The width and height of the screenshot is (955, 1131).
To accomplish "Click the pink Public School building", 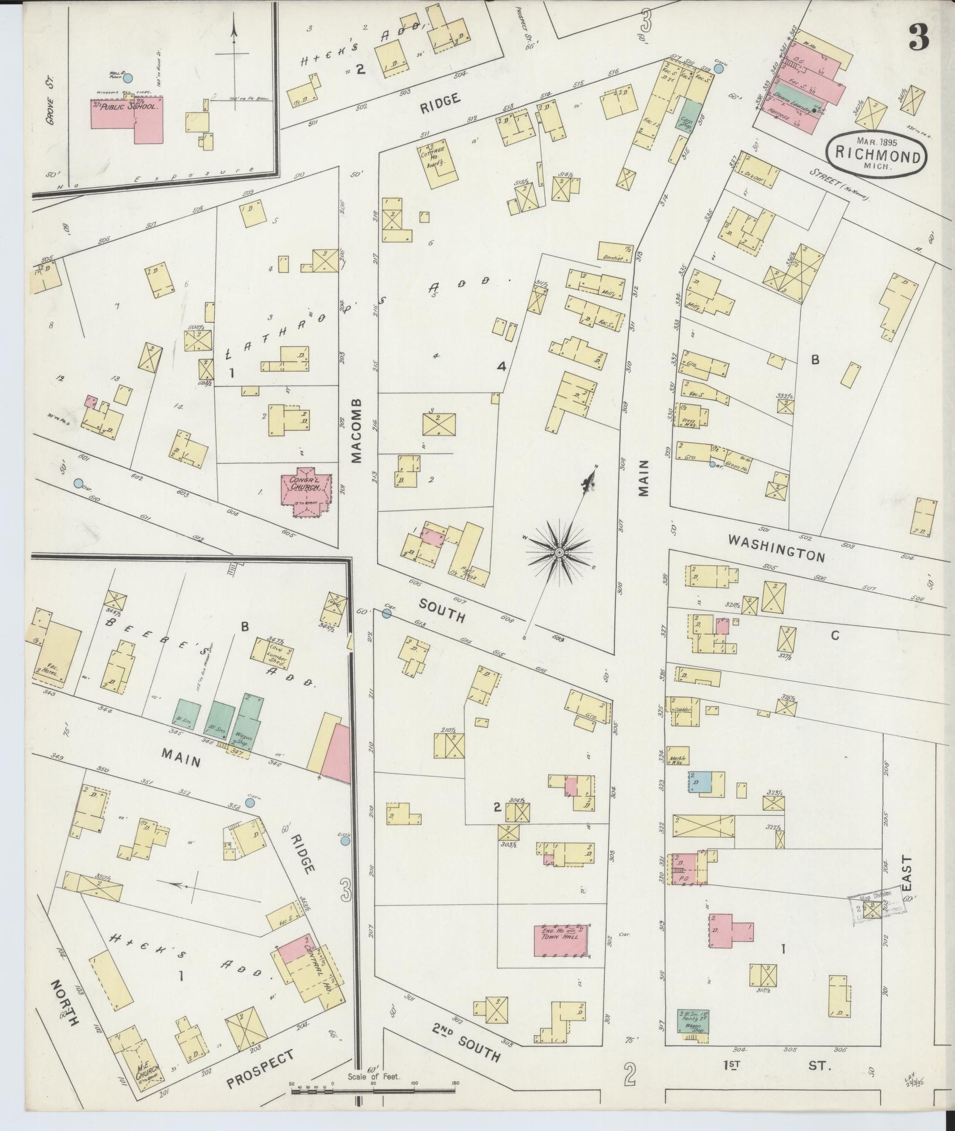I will click(126, 119).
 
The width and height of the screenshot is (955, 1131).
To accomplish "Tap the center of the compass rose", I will click(560, 552).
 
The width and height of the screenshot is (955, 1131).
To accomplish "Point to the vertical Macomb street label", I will click(358, 431).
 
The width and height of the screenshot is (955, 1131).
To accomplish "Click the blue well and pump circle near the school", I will click(128, 77).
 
